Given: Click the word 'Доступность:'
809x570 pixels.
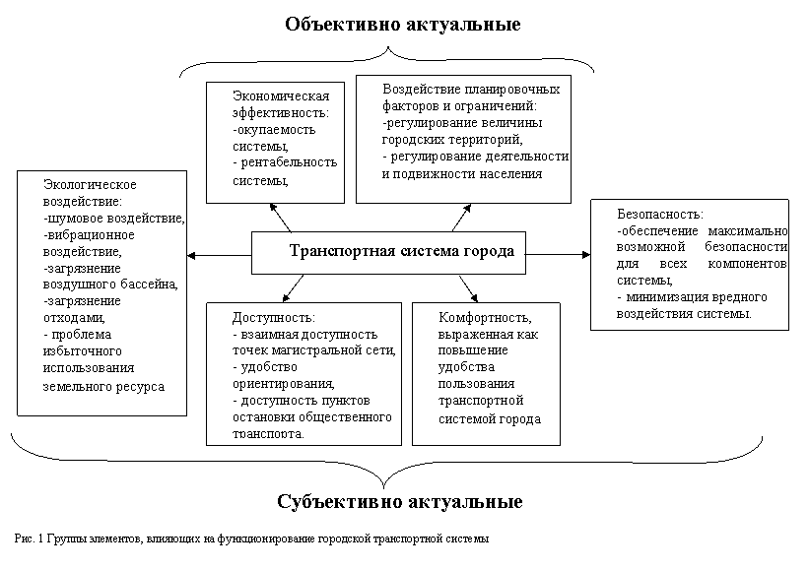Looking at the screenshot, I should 273,318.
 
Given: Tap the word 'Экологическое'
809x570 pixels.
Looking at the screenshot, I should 89,184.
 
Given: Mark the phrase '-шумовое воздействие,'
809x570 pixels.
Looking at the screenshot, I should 113,218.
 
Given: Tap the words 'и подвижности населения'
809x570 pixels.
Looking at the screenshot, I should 462,174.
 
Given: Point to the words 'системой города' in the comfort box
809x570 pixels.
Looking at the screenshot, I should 490,418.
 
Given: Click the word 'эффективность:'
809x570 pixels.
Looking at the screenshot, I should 281,112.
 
